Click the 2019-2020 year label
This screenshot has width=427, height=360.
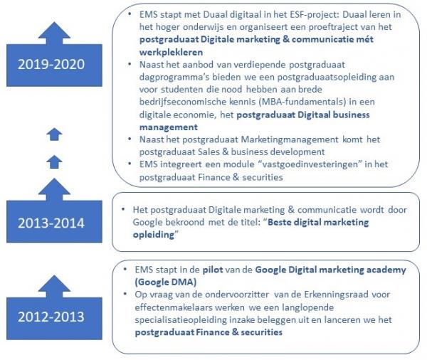tap(51, 64)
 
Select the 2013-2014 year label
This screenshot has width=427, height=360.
tap(51, 223)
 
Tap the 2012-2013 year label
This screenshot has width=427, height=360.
tap(51, 317)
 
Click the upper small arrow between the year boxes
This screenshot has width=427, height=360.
tap(54, 134)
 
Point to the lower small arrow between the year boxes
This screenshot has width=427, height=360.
tap(54, 162)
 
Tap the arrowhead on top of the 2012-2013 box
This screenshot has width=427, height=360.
tap(54, 286)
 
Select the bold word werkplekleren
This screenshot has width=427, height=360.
tap(171, 52)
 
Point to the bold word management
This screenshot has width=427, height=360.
tap(169, 127)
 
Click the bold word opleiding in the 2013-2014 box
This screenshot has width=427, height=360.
tap(154, 235)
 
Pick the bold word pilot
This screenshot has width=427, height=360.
tap(213, 270)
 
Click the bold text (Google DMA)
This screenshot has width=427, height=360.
tap(166, 282)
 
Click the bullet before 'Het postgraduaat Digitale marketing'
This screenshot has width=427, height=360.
tap(123, 209)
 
